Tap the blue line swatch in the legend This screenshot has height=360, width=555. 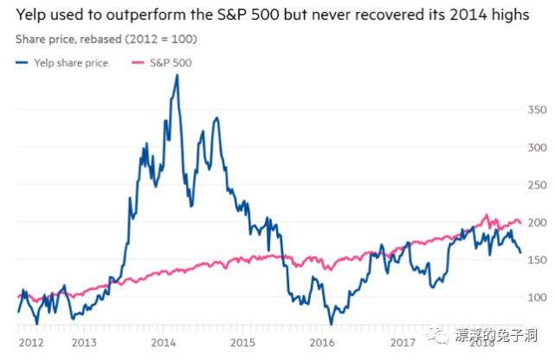[x=23, y=61]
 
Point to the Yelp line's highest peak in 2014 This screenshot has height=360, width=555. [x=177, y=75]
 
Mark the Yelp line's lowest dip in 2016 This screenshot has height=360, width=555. [x=331, y=324]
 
